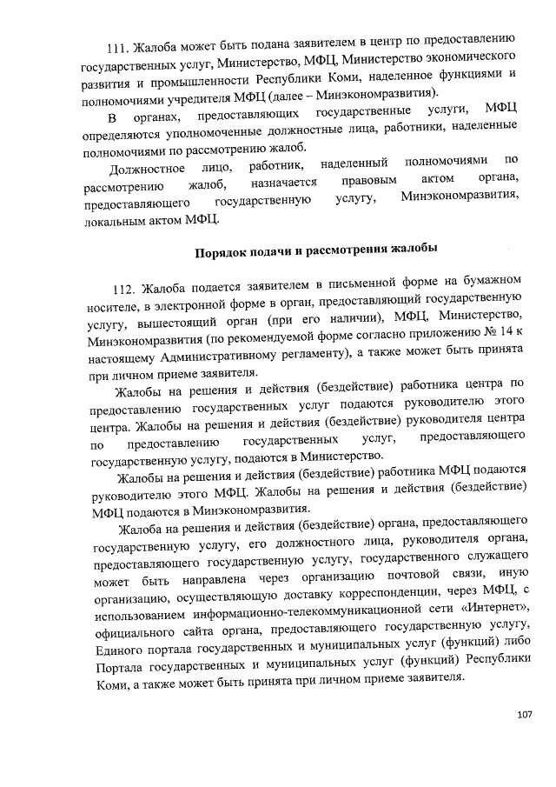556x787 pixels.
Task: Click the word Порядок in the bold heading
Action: pos(218,249)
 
